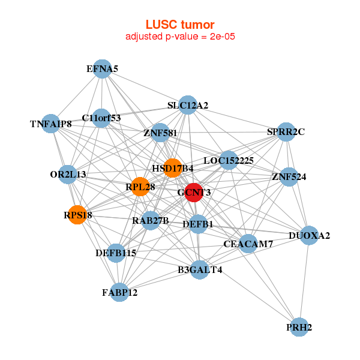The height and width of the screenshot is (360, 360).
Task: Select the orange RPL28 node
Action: tap(140, 187)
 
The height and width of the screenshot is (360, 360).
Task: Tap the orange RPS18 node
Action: tap(77, 214)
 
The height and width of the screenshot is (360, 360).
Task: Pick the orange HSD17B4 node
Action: tap(172, 167)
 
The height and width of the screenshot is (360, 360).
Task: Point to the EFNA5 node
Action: tap(102, 69)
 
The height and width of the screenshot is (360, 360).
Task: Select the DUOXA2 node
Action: tap(308, 235)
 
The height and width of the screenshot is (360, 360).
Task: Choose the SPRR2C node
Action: tap(286, 132)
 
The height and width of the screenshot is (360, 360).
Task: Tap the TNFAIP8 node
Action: tap(51, 124)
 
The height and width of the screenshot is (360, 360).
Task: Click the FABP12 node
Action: tap(119, 292)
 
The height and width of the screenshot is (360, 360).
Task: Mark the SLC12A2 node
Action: tap(188, 106)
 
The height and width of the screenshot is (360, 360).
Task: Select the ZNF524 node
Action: tap(289, 177)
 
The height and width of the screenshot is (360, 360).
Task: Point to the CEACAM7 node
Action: tap(248, 244)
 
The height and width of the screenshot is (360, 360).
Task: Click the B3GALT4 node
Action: tap(200, 269)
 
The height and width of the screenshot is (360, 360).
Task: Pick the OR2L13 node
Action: tap(68, 174)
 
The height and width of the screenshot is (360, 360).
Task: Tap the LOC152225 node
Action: tap(228, 160)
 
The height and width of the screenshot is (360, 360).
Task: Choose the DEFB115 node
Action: tap(116, 253)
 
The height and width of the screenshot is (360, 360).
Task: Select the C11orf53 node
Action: tap(101, 118)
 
